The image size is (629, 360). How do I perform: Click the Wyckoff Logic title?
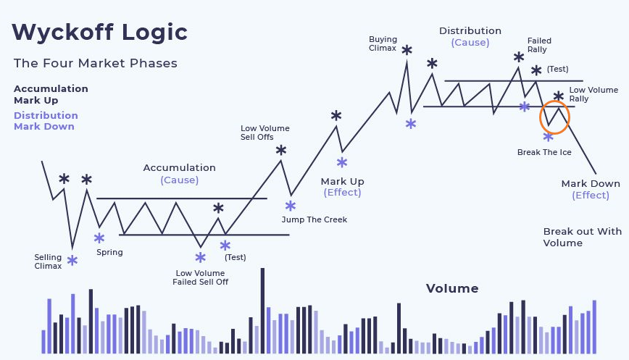point(100,32)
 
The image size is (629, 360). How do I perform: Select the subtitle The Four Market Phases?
point(96,63)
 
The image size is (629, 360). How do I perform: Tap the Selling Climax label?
point(48,261)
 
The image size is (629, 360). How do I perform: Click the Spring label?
point(109,252)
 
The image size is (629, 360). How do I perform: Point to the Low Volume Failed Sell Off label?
point(200,277)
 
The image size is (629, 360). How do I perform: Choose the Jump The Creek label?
point(314,219)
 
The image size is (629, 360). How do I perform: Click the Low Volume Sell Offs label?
point(264,133)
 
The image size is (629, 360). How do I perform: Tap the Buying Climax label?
point(383,43)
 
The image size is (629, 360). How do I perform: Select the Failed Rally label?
point(539,45)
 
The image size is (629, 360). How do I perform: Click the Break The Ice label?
point(544,152)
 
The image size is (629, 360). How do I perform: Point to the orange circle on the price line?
point(540,117)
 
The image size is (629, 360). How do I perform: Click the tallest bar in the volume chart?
point(263,311)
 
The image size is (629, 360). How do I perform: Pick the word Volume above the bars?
point(452,288)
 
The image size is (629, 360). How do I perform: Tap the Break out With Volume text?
point(583,237)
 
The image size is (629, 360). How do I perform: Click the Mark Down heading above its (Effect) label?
point(591,183)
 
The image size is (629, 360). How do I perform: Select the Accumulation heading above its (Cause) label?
point(179,167)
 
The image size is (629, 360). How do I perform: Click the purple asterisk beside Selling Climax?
point(72,261)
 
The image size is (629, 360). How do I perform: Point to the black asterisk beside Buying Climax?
point(407,50)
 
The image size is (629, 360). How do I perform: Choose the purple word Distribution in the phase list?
point(46,115)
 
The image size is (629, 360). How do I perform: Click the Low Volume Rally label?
point(593,94)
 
